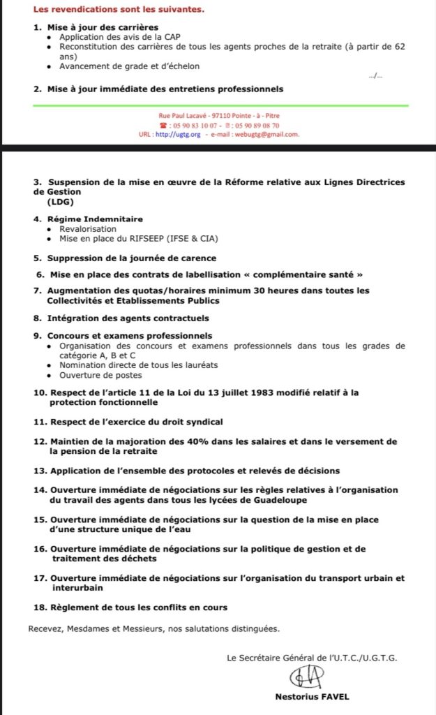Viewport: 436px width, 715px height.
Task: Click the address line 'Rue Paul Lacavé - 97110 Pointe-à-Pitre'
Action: [220, 116]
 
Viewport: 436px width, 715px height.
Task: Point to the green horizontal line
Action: [220, 105]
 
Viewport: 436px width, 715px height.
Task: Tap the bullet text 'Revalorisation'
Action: [88, 228]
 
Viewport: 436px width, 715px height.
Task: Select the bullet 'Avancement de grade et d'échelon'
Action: [129, 66]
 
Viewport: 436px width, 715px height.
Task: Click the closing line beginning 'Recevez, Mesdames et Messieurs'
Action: [153, 628]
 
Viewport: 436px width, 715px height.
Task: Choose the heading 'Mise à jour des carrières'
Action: [94, 27]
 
